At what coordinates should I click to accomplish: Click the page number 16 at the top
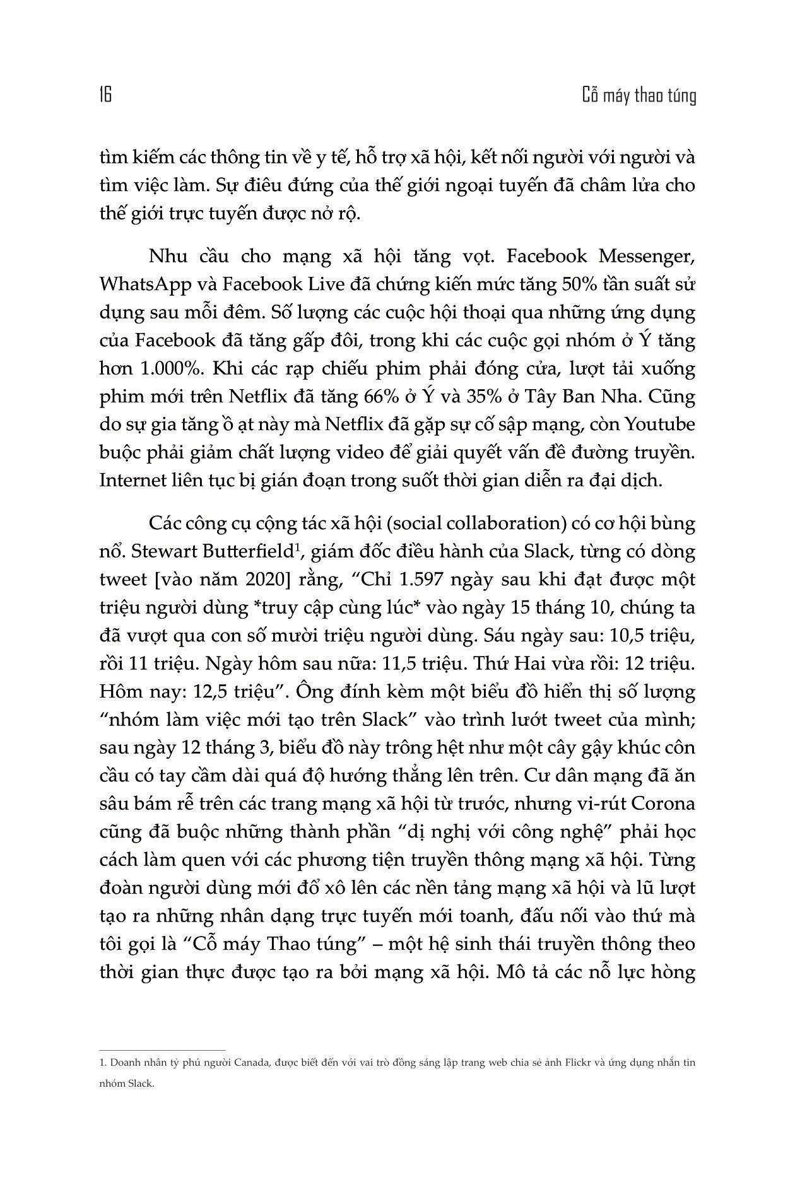pos(105,96)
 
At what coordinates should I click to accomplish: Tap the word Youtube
pos(659,424)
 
